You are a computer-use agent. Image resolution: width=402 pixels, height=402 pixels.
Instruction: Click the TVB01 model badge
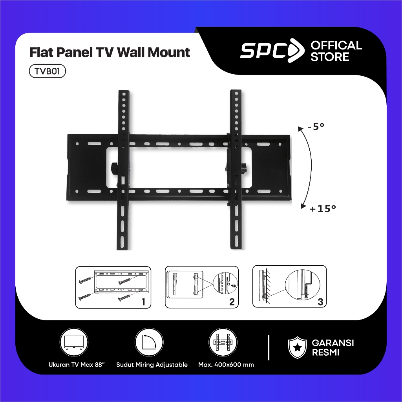pyautogui.click(x=47, y=71)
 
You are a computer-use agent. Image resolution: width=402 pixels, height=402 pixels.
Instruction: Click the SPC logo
pyautogui.click(x=272, y=51)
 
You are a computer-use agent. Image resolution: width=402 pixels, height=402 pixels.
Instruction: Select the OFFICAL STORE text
pyautogui.click(x=336, y=51)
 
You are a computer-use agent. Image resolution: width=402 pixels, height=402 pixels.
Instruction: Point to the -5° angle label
pyautogui.click(x=316, y=127)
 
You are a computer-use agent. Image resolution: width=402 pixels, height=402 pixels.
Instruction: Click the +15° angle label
pyautogui.click(x=323, y=209)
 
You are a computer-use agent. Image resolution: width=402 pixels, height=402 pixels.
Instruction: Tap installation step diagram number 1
pyautogui.click(x=113, y=287)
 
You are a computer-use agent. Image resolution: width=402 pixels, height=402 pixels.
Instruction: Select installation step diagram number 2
pyautogui.click(x=201, y=287)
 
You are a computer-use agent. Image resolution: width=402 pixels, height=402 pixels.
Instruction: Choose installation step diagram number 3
pyautogui.click(x=289, y=286)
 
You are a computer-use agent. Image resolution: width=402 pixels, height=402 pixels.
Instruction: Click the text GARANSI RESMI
pyautogui.click(x=333, y=347)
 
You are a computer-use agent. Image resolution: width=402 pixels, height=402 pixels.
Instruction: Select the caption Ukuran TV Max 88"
pyautogui.click(x=74, y=365)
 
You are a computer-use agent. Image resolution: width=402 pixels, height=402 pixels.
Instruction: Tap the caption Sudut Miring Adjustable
pyautogui.click(x=152, y=365)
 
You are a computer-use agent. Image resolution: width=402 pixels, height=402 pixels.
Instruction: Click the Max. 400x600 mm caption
pyautogui.click(x=226, y=365)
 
